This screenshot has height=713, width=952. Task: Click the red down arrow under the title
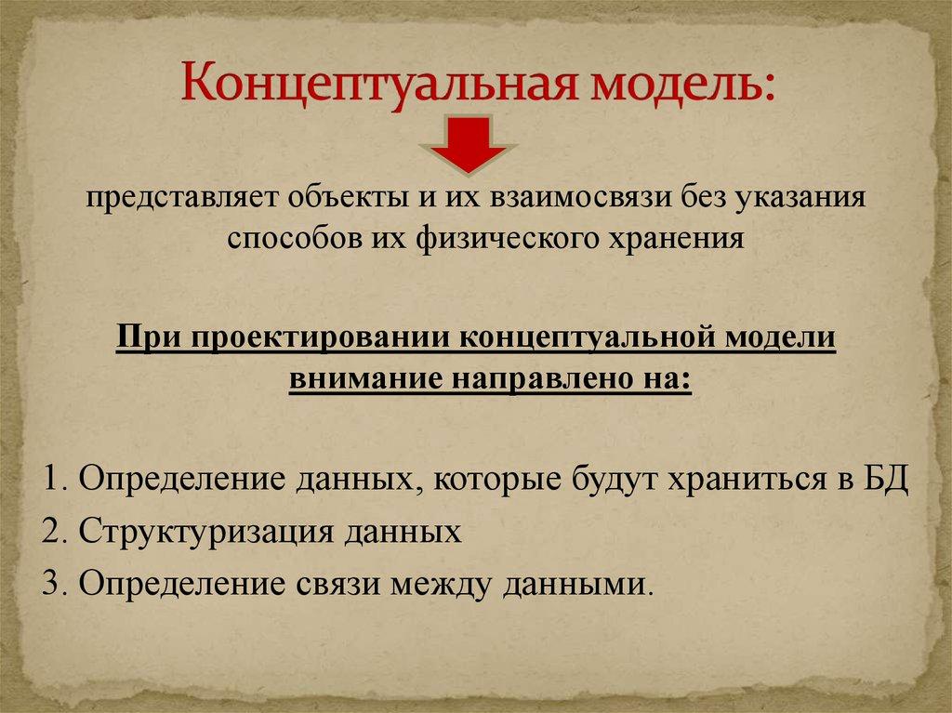coord(468,144)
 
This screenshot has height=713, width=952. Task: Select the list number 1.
coord(48,482)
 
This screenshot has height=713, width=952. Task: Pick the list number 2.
coord(49,533)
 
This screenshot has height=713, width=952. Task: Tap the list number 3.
coord(49,585)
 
